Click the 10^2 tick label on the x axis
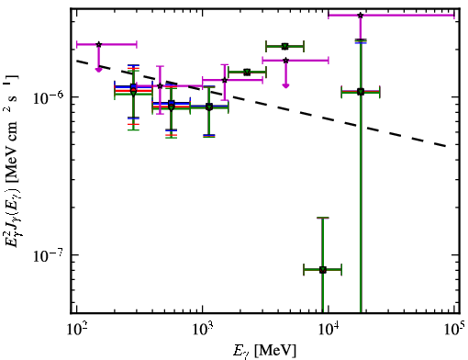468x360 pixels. click(76, 330)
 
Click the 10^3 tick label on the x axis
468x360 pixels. click(202, 330)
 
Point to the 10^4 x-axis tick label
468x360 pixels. click(329, 330)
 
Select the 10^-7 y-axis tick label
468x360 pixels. click(48, 254)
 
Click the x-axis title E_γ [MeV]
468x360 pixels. click(264, 351)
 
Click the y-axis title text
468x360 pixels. click(12, 161)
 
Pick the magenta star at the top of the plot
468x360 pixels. click(361, 15)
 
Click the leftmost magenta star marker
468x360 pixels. click(98, 44)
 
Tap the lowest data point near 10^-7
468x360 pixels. click(323, 270)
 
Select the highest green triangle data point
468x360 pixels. click(284, 47)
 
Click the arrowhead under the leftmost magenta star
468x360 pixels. click(98, 70)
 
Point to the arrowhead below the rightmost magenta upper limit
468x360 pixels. click(285, 85)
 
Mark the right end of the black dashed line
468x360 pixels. click(447, 146)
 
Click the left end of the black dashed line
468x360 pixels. click(77, 61)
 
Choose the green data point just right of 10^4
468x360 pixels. click(361, 92)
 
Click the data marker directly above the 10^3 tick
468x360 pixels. click(209, 107)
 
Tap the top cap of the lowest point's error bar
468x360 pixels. click(323, 218)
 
